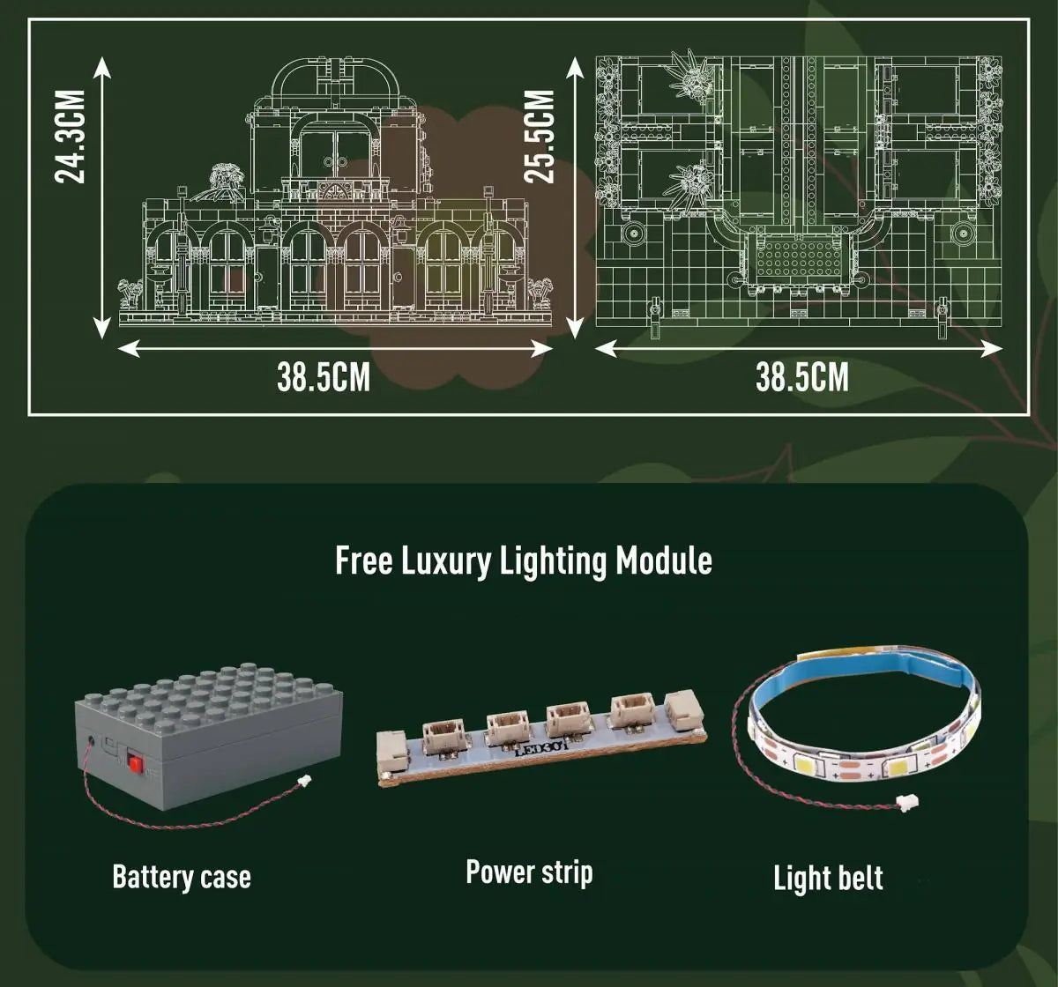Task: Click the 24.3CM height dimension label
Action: [70, 137]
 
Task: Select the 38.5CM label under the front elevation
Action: [324, 377]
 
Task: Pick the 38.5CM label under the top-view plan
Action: [802, 377]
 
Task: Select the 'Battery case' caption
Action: [182, 877]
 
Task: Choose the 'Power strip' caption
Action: [529, 872]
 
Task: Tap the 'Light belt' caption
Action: [828, 878]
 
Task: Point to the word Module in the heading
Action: [664, 561]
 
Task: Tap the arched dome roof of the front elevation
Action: [335, 79]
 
